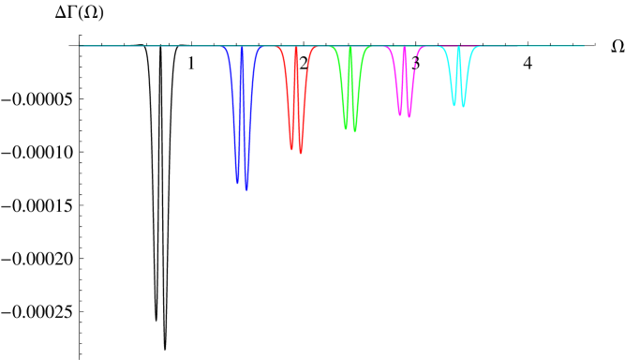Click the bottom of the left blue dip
point(237,183)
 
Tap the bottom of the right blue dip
point(246,188)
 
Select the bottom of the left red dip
point(291,147)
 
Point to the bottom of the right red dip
point(300,152)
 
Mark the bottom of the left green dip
point(346,127)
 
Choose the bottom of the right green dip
point(354,130)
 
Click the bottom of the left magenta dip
point(399,114)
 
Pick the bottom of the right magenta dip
point(409,116)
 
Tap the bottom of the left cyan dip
point(454,104)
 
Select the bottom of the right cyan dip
point(462,106)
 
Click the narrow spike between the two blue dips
point(242,49)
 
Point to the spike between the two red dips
point(296,49)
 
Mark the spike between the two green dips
point(350,48)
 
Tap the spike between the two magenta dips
point(404,48)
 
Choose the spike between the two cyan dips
point(458,48)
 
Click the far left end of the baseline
point(81,46)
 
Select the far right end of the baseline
point(584,46)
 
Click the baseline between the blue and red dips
point(270,46)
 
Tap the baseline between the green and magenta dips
point(378,46)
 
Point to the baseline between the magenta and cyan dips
point(431,46)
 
